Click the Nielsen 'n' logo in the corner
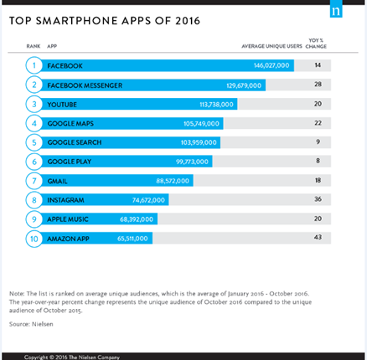pyautogui.click(x=336, y=9)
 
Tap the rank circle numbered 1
pyautogui.click(x=34, y=65)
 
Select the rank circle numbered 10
pyautogui.click(x=34, y=239)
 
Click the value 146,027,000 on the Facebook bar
pyautogui.click(x=271, y=65)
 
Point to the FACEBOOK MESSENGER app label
pyautogui.click(x=85, y=85)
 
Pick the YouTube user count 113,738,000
pyautogui.click(x=216, y=105)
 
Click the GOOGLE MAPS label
pyautogui.click(x=70, y=123)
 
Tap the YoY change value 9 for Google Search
pyautogui.click(x=318, y=141)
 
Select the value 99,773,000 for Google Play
pyautogui.click(x=192, y=162)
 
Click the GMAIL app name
pyautogui.click(x=57, y=181)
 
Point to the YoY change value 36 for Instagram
pyautogui.click(x=318, y=199)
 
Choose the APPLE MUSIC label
pyautogui.click(x=68, y=219)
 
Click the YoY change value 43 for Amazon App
pyautogui.click(x=318, y=237)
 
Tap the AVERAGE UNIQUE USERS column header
pyautogui.click(x=271, y=46)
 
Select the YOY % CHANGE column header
pyautogui.click(x=316, y=44)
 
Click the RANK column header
pyautogui.click(x=34, y=46)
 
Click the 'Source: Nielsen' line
pyautogui.click(x=31, y=324)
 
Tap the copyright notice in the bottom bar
pyautogui.click(x=72, y=357)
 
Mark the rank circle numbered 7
pyautogui.click(x=34, y=181)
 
